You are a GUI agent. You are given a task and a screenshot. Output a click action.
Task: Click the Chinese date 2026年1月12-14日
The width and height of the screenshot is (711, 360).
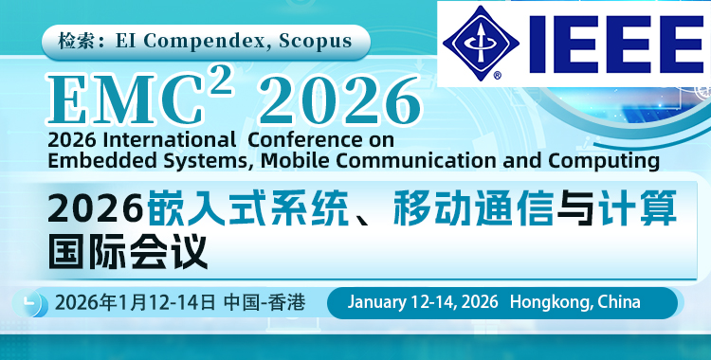tap(137, 303)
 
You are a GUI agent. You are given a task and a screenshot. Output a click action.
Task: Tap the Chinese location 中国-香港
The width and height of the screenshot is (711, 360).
tap(264, 303)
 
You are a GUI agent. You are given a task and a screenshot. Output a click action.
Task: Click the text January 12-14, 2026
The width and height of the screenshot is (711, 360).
tap(423, 302)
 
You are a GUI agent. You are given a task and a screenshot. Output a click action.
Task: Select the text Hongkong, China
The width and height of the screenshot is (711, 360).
tap(574, 302)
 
